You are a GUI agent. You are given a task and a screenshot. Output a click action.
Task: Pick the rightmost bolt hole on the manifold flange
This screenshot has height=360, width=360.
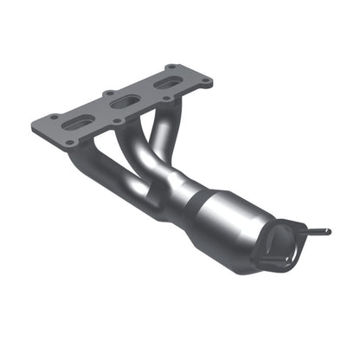pyautogui.click(x=208, y=82)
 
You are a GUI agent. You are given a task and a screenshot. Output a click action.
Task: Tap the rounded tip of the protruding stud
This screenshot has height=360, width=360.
pyautogui.click(x=328, y=232)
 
